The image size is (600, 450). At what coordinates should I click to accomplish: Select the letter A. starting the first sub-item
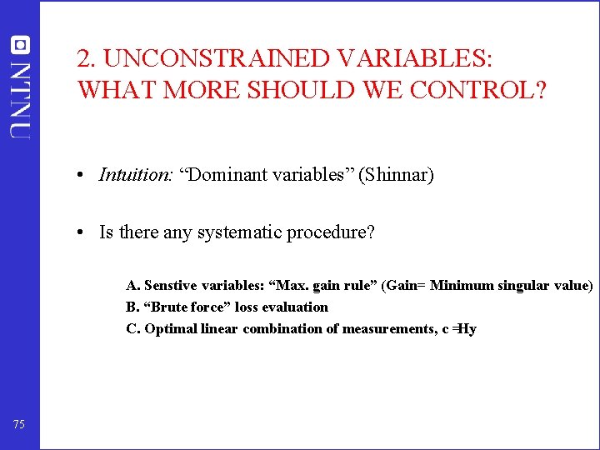pyautogui.click(x=132, y=286)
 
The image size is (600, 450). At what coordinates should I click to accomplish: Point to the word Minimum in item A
pyautogui.click(x=462, y=286)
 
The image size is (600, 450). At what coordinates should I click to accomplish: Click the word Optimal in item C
pyautogui.click(x=169, y=329)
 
